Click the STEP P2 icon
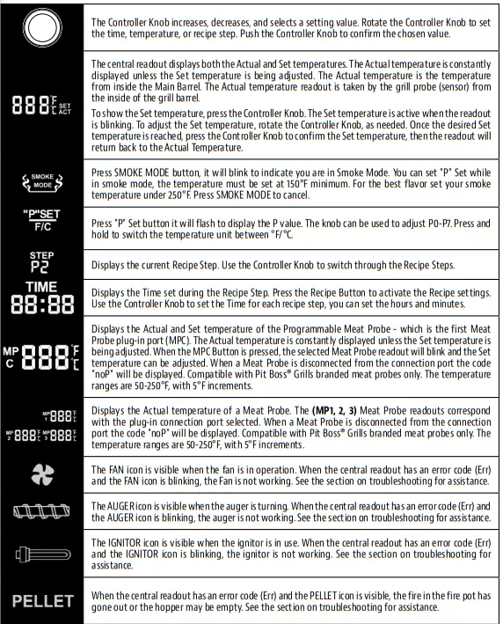(41, 264)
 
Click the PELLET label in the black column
(41, 602)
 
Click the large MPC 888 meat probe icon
(41, 356)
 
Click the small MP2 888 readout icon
(24, 434)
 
